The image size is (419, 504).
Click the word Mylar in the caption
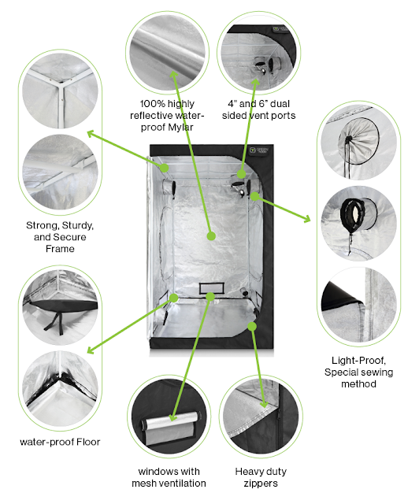tap(180, 128)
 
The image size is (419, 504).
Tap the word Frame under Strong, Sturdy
tap(60, 249)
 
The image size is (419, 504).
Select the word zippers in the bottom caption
tap(261, 484)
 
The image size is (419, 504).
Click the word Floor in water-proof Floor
tap(88, 442)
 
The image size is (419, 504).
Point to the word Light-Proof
tap(358, 361)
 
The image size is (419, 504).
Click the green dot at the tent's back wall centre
tap(211, 236)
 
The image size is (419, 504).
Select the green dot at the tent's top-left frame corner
tap(164, 168)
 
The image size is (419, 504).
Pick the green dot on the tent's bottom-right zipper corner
tap(252, 327)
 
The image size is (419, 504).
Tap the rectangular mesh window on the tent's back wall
tap(211, 288)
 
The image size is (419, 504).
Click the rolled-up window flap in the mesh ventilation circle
tap(170, 419)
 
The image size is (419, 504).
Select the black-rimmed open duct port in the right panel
tap(353, 213)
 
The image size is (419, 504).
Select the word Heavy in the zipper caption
tap(247, 472)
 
